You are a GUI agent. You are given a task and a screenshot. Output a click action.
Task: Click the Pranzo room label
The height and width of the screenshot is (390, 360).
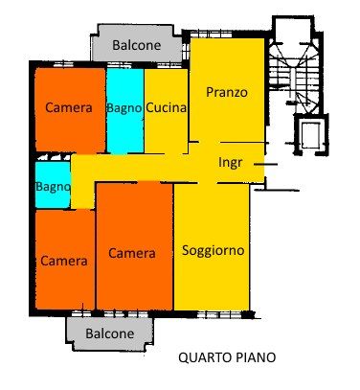coord(227,93)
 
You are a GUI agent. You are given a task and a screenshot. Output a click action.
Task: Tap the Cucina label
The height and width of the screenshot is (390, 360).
coord(166,107)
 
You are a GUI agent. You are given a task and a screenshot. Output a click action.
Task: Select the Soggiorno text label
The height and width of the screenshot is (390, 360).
coord(214,251)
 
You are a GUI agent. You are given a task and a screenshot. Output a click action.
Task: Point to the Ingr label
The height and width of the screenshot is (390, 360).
coord(230,163)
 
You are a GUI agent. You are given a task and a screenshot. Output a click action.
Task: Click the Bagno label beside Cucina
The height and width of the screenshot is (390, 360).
coord(124,108)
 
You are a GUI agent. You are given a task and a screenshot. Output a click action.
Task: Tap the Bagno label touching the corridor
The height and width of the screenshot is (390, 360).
coord(53,187)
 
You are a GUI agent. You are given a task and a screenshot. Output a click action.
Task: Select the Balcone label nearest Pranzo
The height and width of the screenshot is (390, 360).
coord(137,45)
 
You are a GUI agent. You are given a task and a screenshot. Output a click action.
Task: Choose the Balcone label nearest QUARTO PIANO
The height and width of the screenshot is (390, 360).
coord(110,333)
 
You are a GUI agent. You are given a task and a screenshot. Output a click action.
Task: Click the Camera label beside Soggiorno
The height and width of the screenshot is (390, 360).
coord(132,253)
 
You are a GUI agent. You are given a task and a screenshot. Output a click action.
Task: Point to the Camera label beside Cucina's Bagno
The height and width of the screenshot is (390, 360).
coord(69,107)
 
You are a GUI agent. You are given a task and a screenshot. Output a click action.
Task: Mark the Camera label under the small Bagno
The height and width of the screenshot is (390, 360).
coord(64,262)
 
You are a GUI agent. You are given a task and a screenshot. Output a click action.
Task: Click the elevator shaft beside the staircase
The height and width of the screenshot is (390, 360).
coord(311,135)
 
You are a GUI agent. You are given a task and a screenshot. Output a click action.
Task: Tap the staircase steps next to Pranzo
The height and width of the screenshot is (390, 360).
coord(294,75)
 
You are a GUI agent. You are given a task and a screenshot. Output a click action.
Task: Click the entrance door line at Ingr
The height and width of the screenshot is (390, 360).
coord(265,165)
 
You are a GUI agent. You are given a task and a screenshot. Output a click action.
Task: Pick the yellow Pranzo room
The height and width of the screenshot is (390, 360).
coord(227,90)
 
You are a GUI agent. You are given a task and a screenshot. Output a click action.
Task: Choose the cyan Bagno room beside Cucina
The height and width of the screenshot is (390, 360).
coord(125,111)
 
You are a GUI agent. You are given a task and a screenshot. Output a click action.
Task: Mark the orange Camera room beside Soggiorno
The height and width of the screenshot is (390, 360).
coord(135,246)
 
